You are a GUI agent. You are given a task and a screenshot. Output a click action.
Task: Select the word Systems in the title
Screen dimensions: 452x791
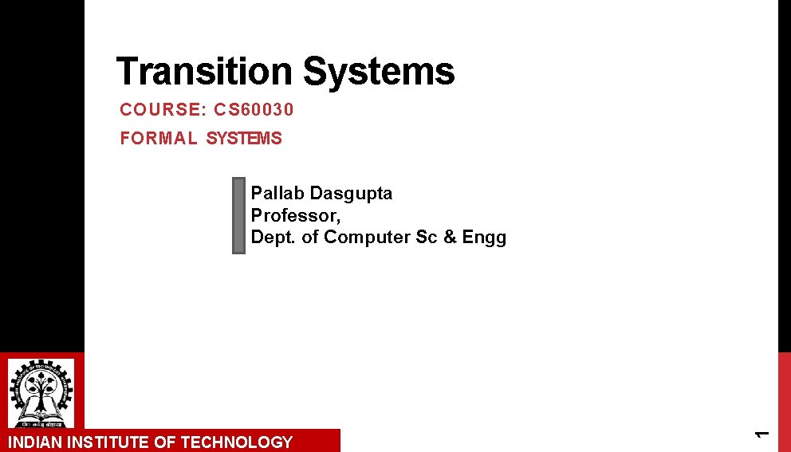[379, 72]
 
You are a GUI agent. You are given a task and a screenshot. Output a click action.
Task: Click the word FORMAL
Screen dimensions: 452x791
[159, 139]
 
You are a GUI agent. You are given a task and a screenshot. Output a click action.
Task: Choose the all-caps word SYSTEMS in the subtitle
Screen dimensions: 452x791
[244, 139]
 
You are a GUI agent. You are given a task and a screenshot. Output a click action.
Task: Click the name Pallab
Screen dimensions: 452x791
[277, 194]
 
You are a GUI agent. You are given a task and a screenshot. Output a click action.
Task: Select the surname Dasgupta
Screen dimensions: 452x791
[351, 194]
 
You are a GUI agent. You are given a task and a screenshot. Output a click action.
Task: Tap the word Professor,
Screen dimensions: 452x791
[296, 215]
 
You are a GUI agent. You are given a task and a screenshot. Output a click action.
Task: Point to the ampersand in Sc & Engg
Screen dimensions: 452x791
[447, 238]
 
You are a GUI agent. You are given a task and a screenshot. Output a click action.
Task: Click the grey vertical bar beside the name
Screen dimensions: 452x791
[238, 215]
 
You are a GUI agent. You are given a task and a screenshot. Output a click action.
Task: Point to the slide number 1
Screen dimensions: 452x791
[761, 433]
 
